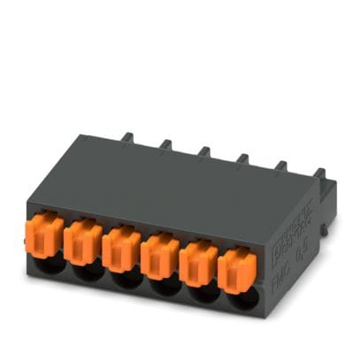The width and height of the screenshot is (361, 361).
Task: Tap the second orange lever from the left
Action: click(x=85, y=240)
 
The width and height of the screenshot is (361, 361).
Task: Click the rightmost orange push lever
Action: click(x=234, y=264)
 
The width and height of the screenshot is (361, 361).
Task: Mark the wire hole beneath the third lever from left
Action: click(x=125, y=278)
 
